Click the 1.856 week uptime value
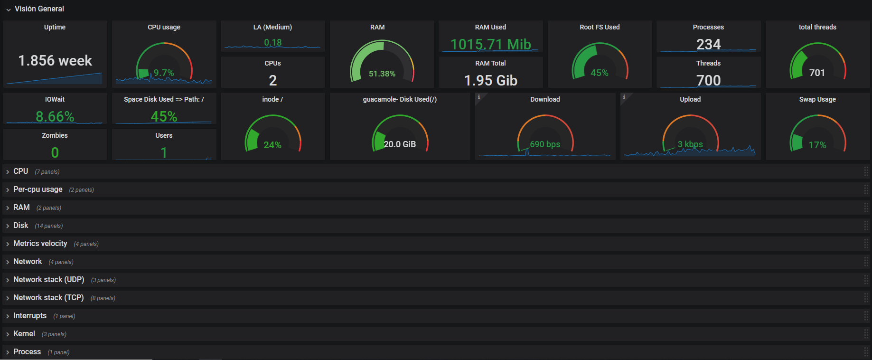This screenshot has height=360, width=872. click(x=55, y=61)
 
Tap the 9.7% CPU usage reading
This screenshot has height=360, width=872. click(x=164, y=73)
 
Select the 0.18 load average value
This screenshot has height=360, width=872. click(x=273, y=42)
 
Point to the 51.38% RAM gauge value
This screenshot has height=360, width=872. click(x=382, y=74)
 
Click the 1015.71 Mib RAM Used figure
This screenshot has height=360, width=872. click(x=491, y=44)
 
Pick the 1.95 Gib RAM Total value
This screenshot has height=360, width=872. click(x=491, y=80)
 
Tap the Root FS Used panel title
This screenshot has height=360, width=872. click(x=600, y=27)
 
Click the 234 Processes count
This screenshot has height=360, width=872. click(x=709, y=44)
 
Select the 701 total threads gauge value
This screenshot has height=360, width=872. click(x=817, y=73)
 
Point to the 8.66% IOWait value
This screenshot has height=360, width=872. click(x=55, y=116)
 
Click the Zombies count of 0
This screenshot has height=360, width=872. click(x=55, y=152)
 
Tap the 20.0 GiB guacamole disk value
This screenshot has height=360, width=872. click(x=400, y=144)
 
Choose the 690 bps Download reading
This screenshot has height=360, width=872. click(x=545, y=144)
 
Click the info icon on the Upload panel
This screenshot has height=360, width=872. click(x=624, y=97)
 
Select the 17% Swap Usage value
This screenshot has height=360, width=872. click(x=817, y=145)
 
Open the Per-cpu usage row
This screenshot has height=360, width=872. click(x=38, y=189)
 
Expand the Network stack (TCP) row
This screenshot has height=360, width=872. click(x=48, y=298)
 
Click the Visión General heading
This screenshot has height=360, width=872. click(x=39, y=9)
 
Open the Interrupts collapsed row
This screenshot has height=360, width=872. click(x=30, y=316)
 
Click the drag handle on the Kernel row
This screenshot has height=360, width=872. click(x=866, y=334)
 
